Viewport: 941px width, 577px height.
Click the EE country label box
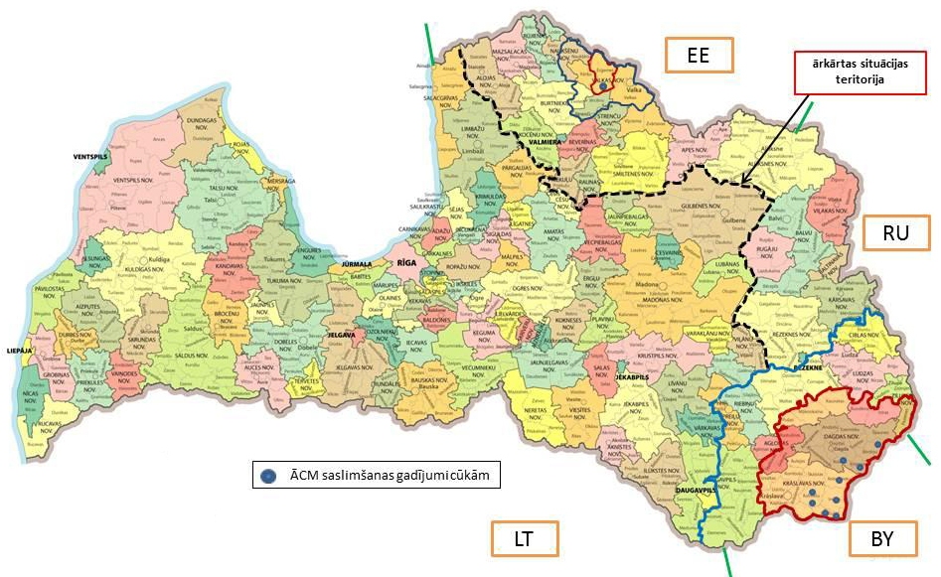click(699, 55)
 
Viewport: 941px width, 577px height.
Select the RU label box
click(896, 233)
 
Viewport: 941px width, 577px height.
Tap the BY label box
click(882, 539)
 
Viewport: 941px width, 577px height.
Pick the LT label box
click(525, 539)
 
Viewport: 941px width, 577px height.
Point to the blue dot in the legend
click(266, 476)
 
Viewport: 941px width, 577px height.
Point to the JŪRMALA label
click(357, 265)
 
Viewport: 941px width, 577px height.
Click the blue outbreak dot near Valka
click(603, 85)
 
